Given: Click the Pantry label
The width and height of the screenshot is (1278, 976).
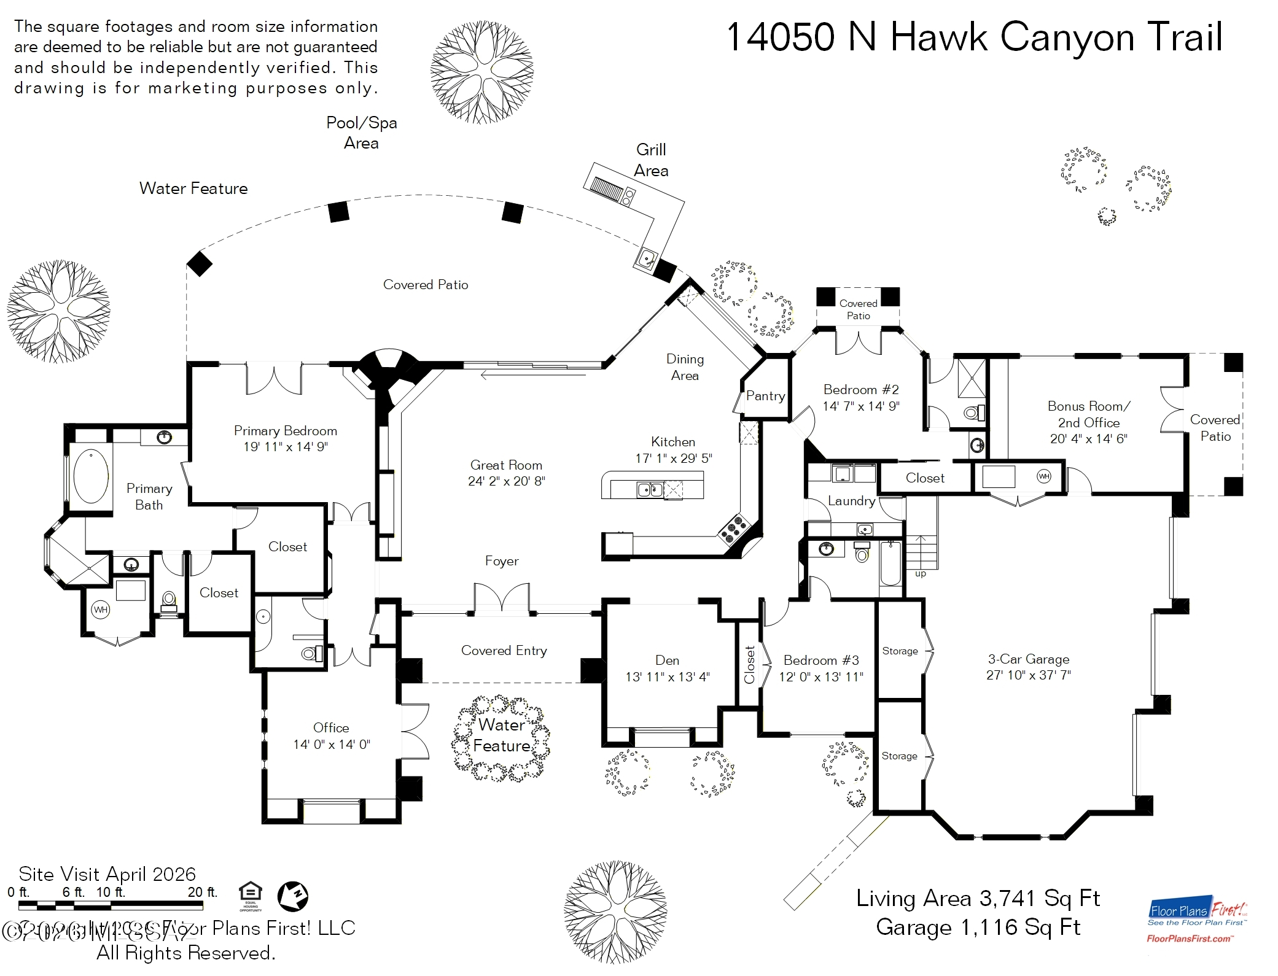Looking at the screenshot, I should [765, 396].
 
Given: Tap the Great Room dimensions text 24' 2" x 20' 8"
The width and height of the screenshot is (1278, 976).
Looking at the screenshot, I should [506, 481].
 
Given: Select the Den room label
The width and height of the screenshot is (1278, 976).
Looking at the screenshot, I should [667, 660].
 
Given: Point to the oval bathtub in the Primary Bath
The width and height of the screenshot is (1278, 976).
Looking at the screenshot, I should [91, 476].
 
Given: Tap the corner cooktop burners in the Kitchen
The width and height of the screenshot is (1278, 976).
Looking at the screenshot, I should [735, 529].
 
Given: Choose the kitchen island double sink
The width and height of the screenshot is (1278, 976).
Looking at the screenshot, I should [650, 489].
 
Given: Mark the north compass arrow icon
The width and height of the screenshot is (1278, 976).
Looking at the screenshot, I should [293, 896].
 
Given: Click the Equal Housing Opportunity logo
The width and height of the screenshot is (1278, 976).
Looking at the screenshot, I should [251, 895].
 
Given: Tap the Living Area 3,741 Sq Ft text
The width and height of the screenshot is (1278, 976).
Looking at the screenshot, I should [978, 898].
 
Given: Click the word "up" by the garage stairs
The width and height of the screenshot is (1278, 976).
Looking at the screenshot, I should [920, 574].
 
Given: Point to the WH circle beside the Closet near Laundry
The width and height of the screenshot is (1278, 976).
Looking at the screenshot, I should [1044, 476].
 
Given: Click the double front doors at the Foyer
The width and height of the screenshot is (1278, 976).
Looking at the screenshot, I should [502, 598].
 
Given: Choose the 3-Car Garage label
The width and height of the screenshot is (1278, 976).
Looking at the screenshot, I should [1029, 659].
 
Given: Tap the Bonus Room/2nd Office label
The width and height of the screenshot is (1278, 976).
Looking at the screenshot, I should [1088, 414].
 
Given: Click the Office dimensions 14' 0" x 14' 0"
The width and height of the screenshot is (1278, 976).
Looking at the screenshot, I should [332, 745].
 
